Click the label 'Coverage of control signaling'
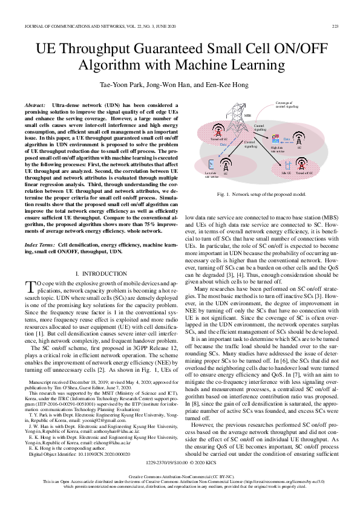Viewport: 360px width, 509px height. [284, 105]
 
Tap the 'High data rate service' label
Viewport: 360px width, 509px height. [277, 149]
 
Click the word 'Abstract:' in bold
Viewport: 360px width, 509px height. [35, 105]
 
